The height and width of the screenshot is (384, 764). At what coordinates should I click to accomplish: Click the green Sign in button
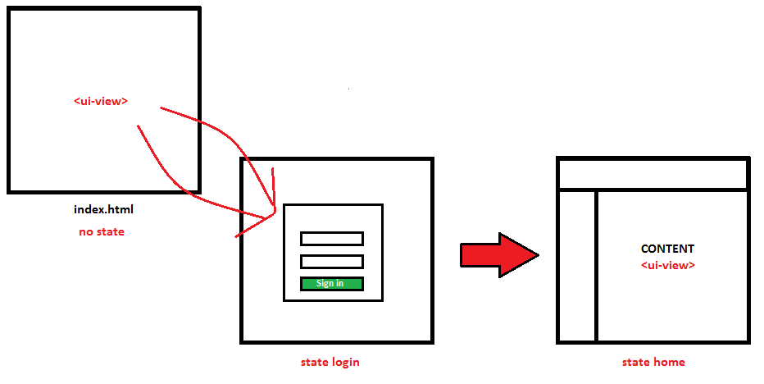331,284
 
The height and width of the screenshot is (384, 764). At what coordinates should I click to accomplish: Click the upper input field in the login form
331,238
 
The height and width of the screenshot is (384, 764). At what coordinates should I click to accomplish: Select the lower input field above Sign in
331,262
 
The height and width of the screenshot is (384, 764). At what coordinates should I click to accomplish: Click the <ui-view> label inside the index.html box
101,102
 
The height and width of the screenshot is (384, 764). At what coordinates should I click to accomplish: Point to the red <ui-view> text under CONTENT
668,265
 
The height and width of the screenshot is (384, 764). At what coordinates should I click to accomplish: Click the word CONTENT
667,249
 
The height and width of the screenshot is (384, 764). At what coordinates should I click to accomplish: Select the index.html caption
103,210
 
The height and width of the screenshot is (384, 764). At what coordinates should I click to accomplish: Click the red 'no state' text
102,231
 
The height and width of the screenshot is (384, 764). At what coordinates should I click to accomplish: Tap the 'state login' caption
330,362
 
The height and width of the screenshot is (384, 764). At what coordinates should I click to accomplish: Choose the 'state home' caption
653,362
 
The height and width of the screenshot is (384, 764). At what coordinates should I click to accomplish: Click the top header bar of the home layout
653,174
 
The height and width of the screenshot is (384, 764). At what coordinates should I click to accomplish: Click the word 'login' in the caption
345,362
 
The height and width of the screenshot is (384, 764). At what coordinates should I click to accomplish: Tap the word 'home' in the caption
669,362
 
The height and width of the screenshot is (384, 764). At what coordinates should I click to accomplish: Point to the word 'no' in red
85,231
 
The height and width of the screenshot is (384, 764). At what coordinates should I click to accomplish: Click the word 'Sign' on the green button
324,284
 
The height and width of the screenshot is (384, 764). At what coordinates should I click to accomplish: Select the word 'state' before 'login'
315,362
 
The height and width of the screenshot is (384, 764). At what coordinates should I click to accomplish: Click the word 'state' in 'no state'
110,231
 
